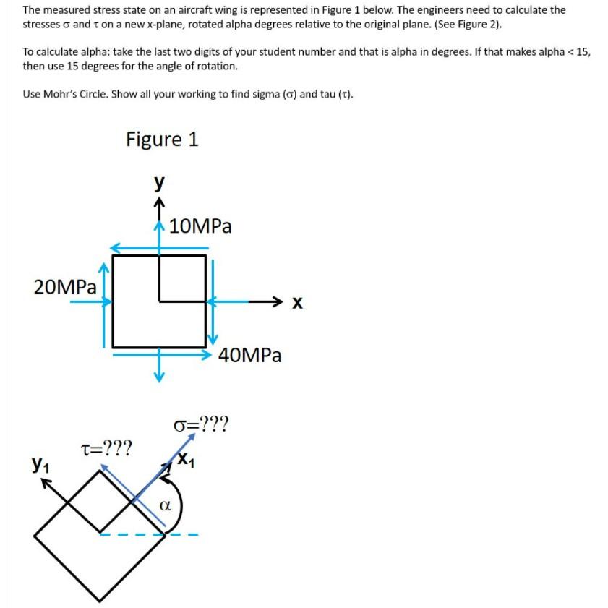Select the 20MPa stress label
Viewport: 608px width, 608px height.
[x=65, y=286]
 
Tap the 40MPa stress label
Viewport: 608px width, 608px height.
[x=249, y=355]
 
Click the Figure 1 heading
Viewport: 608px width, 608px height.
[x=162, y=138]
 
